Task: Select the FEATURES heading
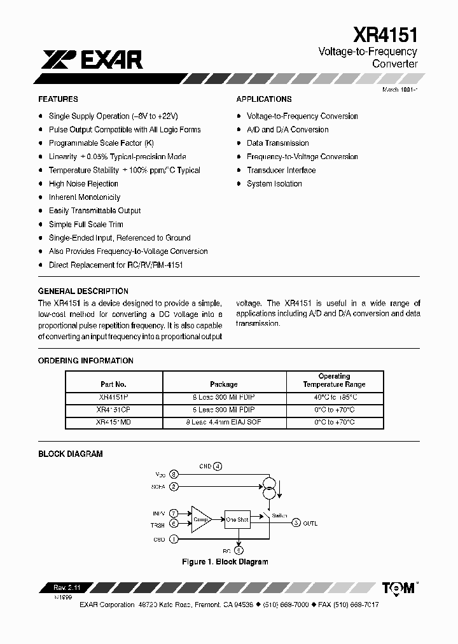point(58,99)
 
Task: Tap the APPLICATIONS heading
point(264,99)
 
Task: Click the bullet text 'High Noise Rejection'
point(83,184)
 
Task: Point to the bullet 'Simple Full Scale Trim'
point(86,224)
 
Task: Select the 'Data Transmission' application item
point(277,143)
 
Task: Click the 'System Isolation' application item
point(274,184)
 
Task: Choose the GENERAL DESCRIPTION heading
point(83,291)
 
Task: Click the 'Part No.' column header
point(114,384)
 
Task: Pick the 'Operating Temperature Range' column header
point(334,381)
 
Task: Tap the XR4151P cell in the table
point(114,396)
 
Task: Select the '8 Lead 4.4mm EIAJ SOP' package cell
point(224,422)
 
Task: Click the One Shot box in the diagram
point(237,520)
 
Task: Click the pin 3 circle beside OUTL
point(296,523)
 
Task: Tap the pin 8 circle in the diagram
point(174,474)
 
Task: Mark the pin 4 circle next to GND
point(218,466)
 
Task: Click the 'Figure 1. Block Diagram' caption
point(225,562)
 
